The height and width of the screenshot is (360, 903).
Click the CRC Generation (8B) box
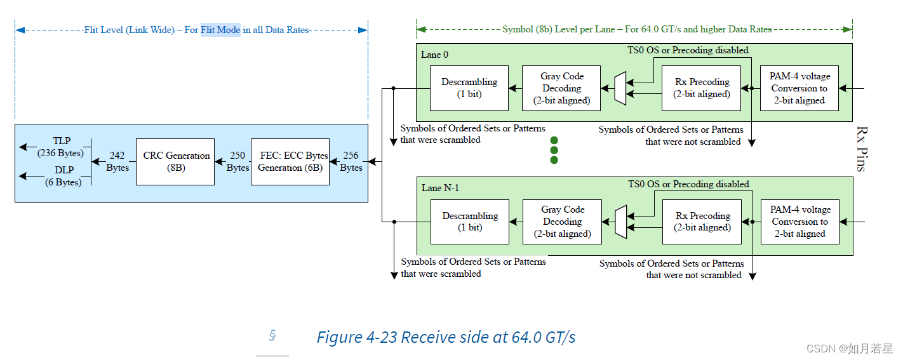175,161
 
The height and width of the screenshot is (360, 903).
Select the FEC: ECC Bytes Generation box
290,161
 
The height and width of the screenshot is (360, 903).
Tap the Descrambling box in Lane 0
469,88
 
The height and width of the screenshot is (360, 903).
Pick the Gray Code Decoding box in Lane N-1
561,222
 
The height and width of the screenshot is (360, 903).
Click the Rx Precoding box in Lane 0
701,88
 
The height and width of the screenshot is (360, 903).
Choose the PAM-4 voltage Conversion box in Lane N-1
799,222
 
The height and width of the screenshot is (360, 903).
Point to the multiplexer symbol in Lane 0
620,88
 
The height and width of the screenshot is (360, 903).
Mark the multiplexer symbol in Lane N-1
620,222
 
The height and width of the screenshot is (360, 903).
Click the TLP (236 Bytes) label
62,147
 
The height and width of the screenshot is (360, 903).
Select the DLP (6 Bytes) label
63,176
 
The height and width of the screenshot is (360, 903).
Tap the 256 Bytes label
351,161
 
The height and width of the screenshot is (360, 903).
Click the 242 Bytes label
117,161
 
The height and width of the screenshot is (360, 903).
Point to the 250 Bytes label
237,161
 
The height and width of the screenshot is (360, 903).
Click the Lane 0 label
434,55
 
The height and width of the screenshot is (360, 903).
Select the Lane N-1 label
439,188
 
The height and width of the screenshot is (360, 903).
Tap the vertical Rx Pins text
860,148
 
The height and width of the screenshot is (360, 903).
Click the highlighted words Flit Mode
220,30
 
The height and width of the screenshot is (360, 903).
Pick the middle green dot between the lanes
554,150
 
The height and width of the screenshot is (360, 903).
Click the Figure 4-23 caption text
446,337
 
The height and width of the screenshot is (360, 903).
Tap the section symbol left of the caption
272,335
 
